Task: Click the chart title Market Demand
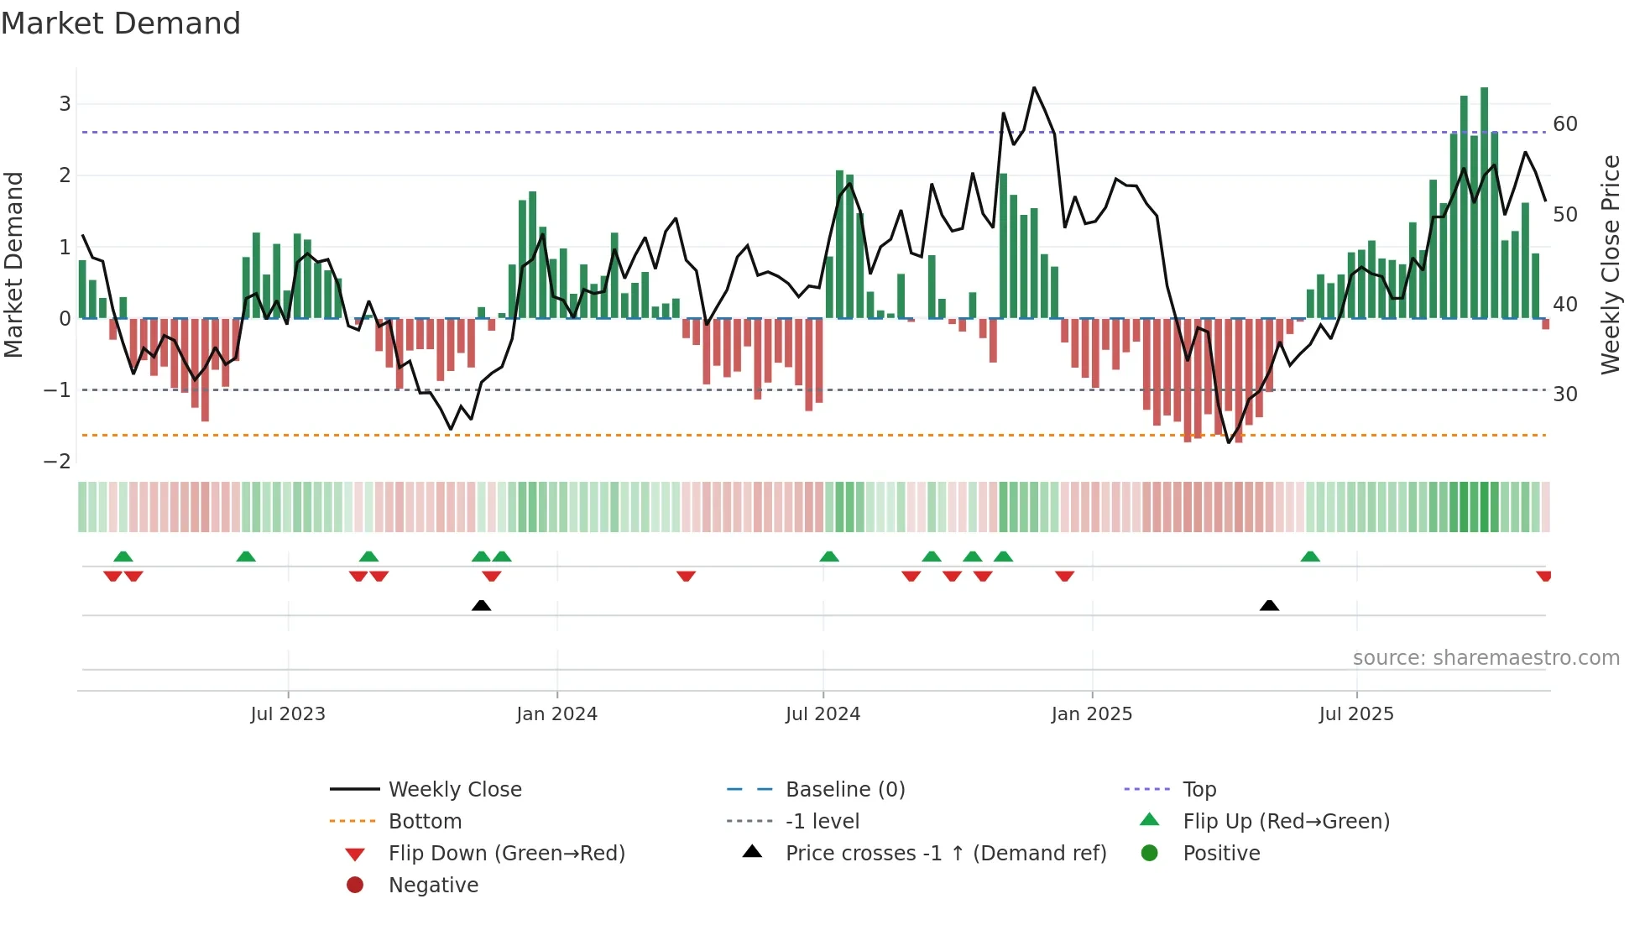coord(121,24)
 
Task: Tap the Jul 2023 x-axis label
coord(287,714)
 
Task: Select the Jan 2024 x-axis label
coord(556,714)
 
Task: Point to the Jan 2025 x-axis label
coord(1091,714)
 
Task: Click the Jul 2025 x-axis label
coord(1355,714)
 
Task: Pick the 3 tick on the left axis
coord(65,104)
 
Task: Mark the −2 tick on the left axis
coord(57,462)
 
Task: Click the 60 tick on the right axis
coord(1565,124)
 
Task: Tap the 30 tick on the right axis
coord(1565,395)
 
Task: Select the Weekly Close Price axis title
coord(1610,264)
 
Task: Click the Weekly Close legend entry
coord(454,790)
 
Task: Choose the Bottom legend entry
coord(425,822)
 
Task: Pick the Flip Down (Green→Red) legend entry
coord(506,854)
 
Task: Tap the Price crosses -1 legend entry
coord(945,854)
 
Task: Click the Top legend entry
coord(1199,790)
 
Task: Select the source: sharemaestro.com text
coord(1486,658)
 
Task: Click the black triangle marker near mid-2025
coord(1269,606)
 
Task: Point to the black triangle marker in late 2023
coord(481,606)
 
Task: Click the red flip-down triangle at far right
coord(1543,576)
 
